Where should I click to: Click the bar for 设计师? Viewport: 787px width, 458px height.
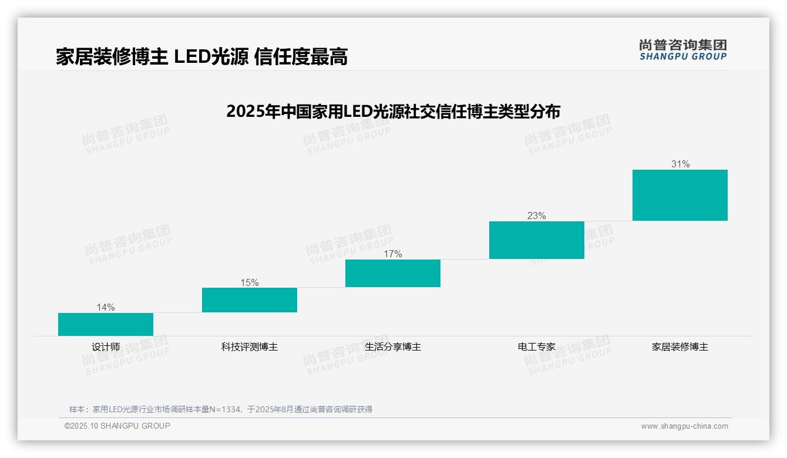click(106, 324)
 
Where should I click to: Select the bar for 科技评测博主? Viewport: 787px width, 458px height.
click(250, 299)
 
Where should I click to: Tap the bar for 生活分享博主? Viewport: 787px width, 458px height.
click(393, 273)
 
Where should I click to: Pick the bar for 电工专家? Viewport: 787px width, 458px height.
click(537, 240)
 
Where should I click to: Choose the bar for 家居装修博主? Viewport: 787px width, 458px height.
click(680, 195)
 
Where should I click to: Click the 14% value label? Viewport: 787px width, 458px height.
click(106, 307)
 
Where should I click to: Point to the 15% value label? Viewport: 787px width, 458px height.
click(250, 282)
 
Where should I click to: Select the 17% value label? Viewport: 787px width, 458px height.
click(393, 254)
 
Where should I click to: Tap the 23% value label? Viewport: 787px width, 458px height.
click(537, 215)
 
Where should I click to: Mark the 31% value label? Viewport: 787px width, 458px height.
click(680, 164)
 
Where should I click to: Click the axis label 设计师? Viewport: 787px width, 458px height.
click(106, 346)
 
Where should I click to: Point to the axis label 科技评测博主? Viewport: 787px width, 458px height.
click(250, 346)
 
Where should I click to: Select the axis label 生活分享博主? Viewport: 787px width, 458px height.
click(393, 346)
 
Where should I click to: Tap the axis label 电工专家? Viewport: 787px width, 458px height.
click(537, 346)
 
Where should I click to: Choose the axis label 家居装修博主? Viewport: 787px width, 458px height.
click(680, 346)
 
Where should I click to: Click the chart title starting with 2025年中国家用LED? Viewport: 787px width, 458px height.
click(393, 111)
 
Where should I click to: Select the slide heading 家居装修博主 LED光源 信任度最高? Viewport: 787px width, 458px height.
click(202, 56)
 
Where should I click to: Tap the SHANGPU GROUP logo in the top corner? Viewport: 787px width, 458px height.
click(683, 50)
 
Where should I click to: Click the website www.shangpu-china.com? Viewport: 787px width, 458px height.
click(684, 426)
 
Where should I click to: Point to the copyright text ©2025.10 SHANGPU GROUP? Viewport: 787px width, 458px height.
click(117, 426)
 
